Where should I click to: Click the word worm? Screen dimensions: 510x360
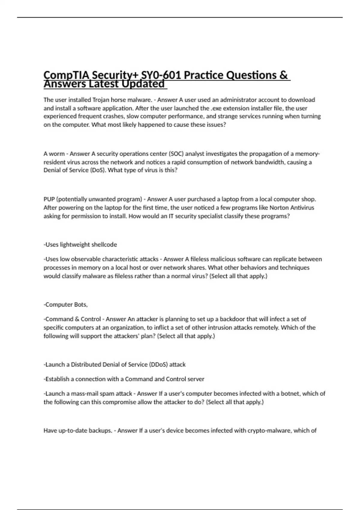pyautogui.click(x=57, y=154)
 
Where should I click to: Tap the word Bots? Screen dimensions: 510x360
pyautogui.click(x=81, y=305)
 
